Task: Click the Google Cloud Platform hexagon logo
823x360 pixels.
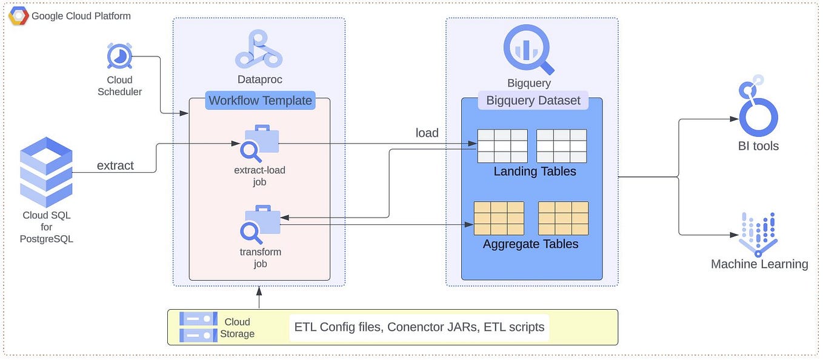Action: (18, 16)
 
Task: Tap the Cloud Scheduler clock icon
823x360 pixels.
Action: (119, 57)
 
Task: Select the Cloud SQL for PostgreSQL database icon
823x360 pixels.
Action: (46, 172)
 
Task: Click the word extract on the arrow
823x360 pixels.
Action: (115, 165)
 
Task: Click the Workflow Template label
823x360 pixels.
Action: (260, 101)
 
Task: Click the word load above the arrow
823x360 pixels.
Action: (427, 133)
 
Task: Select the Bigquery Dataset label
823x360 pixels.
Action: (533, 101)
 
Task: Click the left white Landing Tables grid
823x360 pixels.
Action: (502, 146)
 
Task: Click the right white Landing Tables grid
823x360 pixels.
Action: (561, 146)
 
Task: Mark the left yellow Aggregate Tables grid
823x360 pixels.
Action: (499, 218)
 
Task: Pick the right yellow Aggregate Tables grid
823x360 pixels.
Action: (563, 218)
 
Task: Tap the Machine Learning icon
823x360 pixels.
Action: (758, 235)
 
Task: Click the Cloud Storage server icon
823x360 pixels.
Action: (198, 327)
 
